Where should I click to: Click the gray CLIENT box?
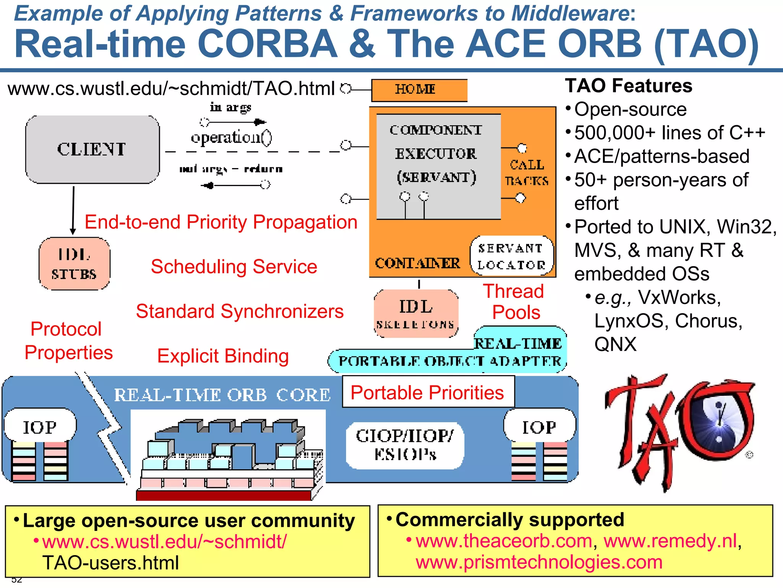(x=92, y=149)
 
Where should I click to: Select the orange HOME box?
(x=419, y=90)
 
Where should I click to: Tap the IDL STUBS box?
(x=74, y=264)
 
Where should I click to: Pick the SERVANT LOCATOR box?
(x=512, y=256)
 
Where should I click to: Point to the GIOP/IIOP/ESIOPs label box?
(x=405, y=445)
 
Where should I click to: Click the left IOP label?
(x=40, y=427)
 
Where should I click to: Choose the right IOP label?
(x=539, y=427)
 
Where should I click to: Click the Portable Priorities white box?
(x=428, y=392)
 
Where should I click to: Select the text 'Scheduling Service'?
(x=234, y=266)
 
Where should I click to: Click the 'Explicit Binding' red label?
(x=223, y=356)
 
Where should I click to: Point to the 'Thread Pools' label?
(x=514, y=302)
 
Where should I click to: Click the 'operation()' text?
(x=231, y=137)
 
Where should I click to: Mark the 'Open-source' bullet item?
(x=630, y=109)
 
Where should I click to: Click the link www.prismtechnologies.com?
(x=539, y=562)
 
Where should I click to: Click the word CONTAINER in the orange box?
(x=417, y=263)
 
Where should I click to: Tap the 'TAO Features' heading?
(x=629, y=86)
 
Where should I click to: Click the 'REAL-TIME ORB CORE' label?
(x=222, y=395)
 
